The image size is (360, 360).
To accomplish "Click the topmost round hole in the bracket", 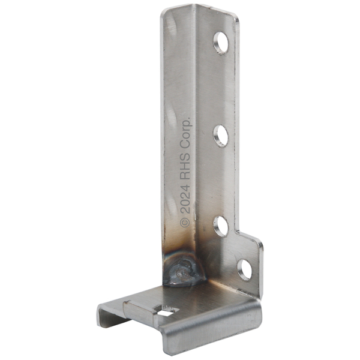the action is (x=221, y=43).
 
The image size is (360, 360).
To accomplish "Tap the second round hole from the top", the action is (x=221, y=136).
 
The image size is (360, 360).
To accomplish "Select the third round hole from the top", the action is (x=221, y=226).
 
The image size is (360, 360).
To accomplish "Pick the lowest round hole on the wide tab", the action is (x=245, y=269).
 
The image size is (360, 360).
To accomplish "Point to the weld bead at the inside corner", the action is (x=184, y=272).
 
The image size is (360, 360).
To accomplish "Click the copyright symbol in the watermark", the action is (x=185, y=223).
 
